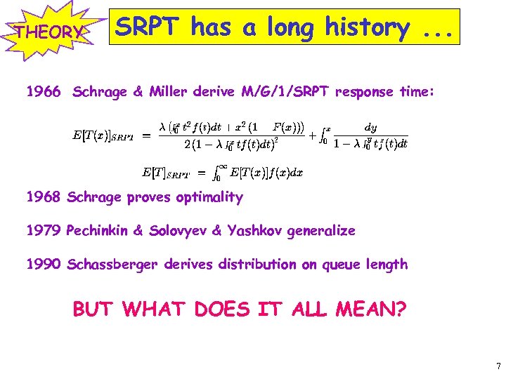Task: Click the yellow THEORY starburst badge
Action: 48,32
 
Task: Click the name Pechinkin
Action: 98,230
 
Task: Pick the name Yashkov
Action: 256,230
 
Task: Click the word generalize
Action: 322,230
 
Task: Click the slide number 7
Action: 498,366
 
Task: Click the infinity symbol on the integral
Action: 222,166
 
